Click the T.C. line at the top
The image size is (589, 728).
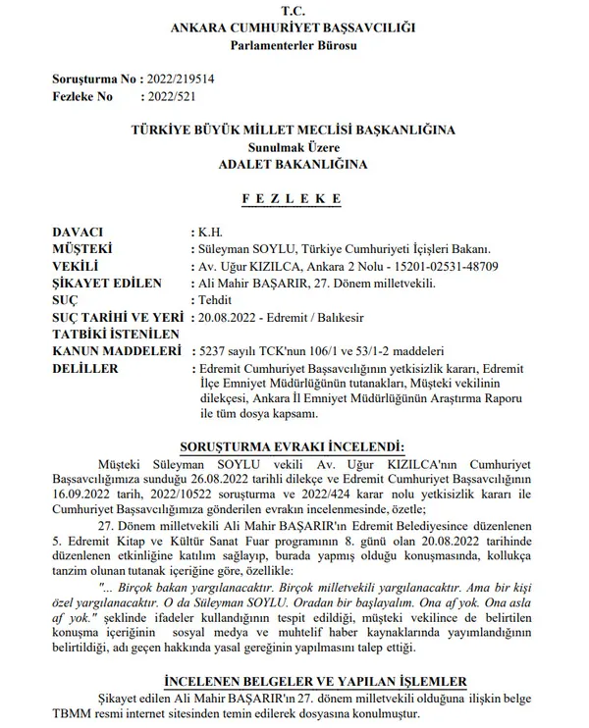(294, 10)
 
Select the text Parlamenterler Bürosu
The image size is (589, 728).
(294, 45)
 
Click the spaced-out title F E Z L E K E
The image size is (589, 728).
(294, 199)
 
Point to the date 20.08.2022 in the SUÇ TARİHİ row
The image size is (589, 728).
(229, 318)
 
